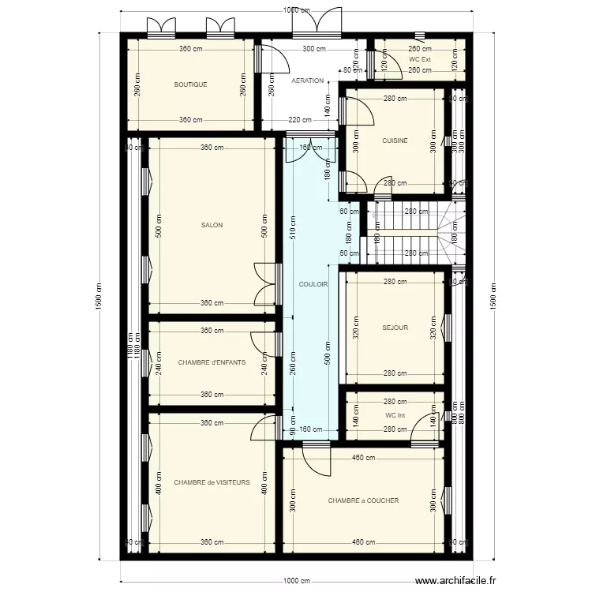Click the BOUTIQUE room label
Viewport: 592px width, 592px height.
pos(190,84)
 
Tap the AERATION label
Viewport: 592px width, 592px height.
pos(307,81)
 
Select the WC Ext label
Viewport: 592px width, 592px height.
pos(420,59)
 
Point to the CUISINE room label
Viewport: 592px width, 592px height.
pos(395,141)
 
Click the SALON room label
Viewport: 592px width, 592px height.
pos(212,225)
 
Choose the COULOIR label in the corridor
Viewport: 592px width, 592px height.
pos(313,284)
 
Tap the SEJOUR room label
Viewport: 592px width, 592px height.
pos(395,328)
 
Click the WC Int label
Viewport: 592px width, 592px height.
pos(395,415)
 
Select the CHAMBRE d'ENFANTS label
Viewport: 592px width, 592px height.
pos(212,363)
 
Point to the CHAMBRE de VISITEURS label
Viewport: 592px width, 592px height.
pos(212,481)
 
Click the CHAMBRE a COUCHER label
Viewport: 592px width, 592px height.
pos(363,500)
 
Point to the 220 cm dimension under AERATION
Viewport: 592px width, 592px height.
pos(299,120)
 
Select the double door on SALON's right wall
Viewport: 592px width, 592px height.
pos(264,283)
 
